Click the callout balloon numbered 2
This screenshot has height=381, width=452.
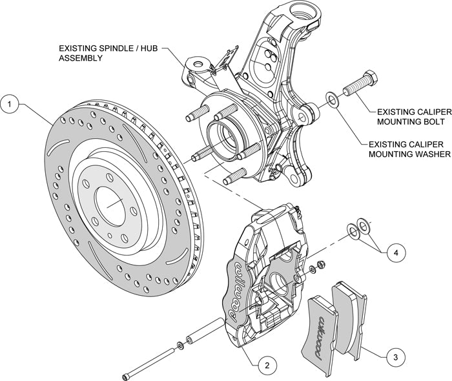[265, 365]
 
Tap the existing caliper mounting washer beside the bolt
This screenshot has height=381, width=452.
[331, 99]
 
